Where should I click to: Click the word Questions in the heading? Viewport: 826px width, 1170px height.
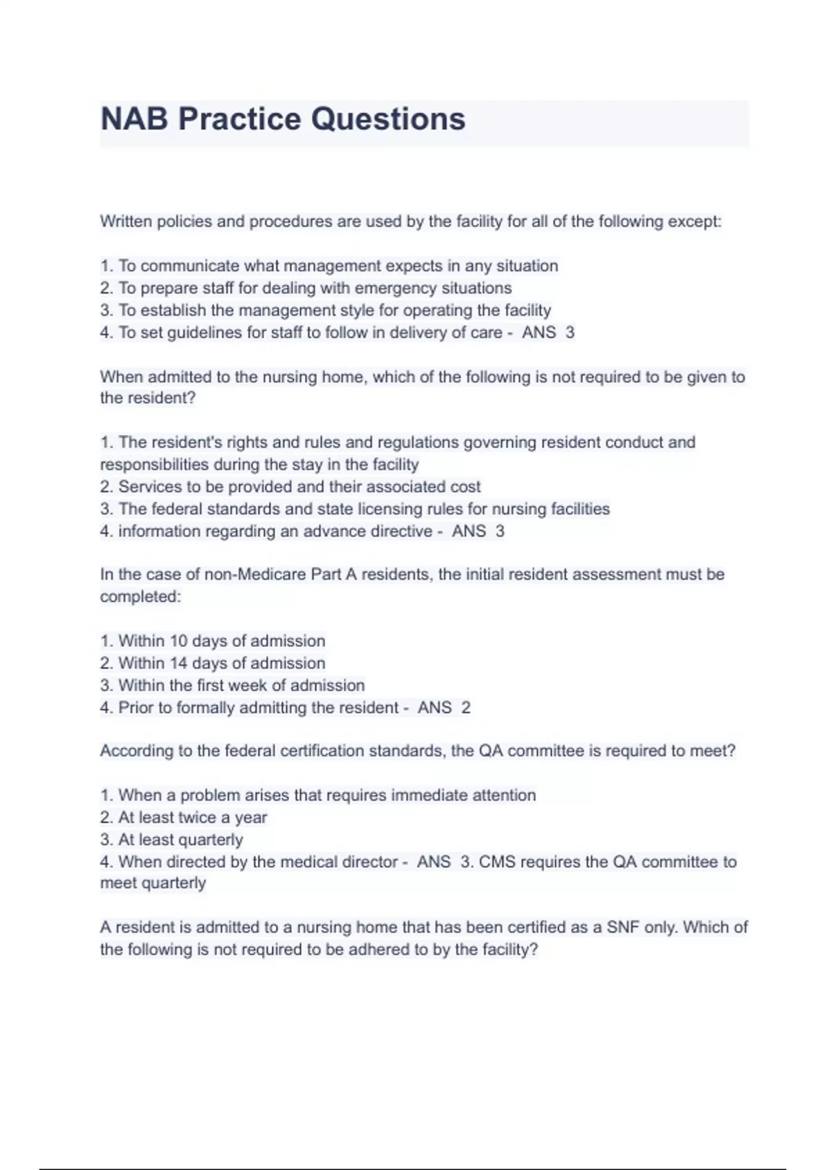[388, 119]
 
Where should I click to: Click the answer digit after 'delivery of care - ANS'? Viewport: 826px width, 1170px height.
[570, 332]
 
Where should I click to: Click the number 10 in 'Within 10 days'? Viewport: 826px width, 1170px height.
[178, 641]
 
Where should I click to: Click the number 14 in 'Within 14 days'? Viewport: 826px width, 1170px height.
[178, 663]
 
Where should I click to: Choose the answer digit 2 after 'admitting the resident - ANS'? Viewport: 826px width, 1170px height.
[466, 708]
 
